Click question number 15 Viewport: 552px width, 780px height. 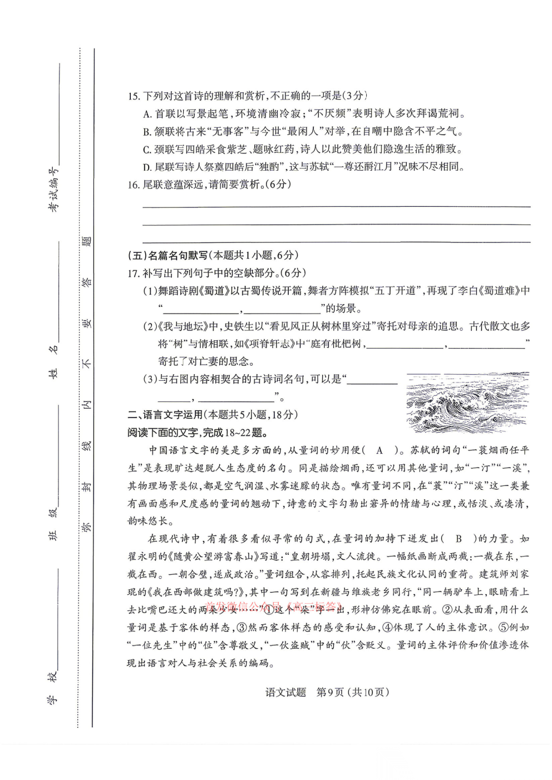click(x=133, y=96)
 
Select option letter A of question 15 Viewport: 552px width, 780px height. click(x=147, y=114)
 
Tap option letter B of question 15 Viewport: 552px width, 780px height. click(x=147, y=132)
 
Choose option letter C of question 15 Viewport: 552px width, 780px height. click(x=147, y=150)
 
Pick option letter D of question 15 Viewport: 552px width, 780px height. click(x=147, y=167)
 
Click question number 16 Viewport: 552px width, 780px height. click(x=133, y=185)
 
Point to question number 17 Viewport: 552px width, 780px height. click(x=133, y=273)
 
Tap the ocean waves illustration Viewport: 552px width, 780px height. click(x=467, y=402)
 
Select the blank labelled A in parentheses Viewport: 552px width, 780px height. click(x=380, y=450)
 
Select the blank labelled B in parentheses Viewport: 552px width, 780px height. click(x=459, y=539)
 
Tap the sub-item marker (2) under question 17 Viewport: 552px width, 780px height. click(x=150, y=326)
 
